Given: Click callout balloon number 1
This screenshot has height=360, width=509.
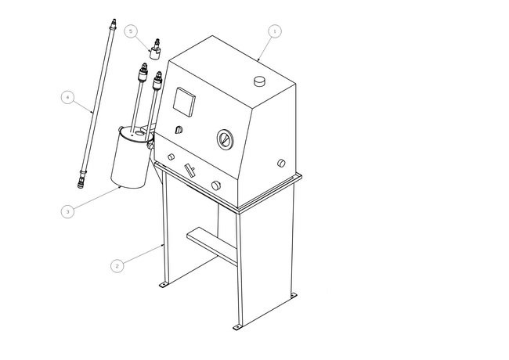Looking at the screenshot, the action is coord(275,31).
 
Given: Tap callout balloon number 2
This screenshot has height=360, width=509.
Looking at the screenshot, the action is coord(117,266).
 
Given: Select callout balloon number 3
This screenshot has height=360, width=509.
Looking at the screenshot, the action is coord(67,211).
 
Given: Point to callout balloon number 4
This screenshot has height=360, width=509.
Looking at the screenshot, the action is coord(67,97).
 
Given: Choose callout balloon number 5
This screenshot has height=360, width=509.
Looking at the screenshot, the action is coord(131,31).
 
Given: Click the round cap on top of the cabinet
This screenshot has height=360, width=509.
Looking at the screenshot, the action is coord(259,81).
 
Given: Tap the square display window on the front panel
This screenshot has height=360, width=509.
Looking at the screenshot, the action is coord(184,102).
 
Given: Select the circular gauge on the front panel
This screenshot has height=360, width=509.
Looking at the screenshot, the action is coord(225,139).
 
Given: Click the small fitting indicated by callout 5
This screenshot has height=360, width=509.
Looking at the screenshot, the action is coord(155,49).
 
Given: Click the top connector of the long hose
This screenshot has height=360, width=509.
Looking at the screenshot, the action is coord(113,24).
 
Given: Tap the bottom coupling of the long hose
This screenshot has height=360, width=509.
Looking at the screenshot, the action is coord(81,180).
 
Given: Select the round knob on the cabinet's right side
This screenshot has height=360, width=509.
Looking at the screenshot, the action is coord(281,163).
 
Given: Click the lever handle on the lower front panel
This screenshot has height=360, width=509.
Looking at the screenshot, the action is coord(190,171).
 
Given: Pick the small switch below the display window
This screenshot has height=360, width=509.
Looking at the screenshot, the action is coord(179,130).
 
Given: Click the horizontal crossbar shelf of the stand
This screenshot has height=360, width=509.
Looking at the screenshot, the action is coord(211,247).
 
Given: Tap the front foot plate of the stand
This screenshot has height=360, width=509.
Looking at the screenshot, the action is coord(237,327).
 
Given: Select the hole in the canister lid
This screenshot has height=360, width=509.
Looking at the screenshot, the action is coord(139,133).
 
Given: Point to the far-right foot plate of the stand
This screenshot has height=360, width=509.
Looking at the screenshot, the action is coord(293,296).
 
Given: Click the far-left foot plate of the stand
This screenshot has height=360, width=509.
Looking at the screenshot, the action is coord(164,284).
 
